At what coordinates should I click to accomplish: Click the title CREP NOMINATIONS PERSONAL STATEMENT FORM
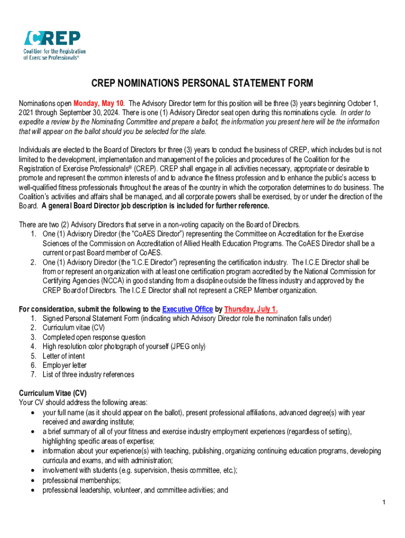click(x=202, y=84)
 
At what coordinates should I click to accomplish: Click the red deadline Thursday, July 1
click(x=251, y=309)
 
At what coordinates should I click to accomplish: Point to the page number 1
click(x=384, y=503)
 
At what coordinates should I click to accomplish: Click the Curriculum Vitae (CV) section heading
click(x=53, y=394)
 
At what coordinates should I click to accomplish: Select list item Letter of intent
click(x=64, y=356)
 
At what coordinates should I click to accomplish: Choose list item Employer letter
click(x=65, y=365)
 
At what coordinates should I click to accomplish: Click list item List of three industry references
click(x=88, y=375)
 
